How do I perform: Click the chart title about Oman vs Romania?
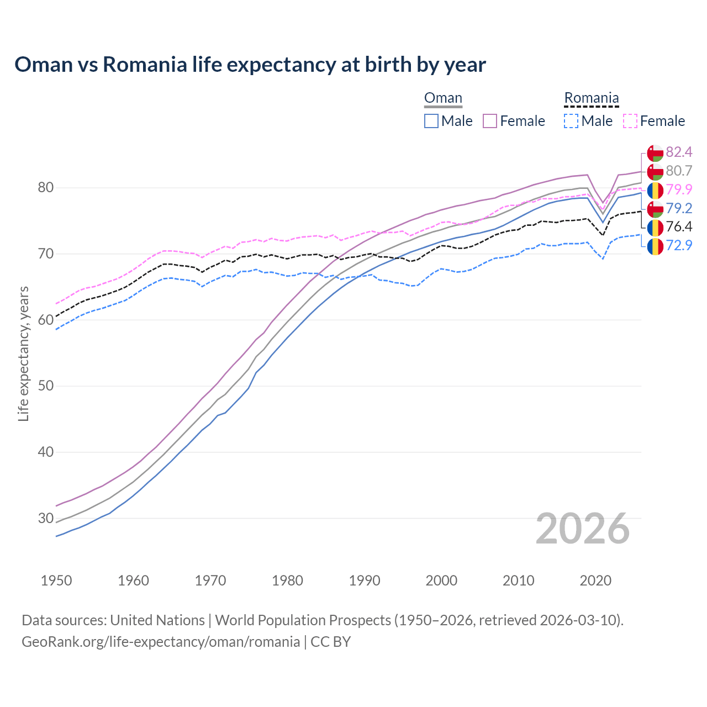(x=250, y=65)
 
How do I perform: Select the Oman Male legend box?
(x=431, y=121)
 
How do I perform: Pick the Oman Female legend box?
(x=490, y=121)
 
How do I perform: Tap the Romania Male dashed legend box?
(x=571, y=121)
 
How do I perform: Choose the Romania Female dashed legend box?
(x=630, y=121)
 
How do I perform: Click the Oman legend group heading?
(x=443, y=98)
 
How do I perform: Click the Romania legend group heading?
(x=591, y=98)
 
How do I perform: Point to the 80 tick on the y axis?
(x=45, y=188)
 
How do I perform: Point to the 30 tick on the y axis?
(x=45, y=518)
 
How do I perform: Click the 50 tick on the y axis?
(x=45, y=386)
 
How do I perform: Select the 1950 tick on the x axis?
(x=56, y=581)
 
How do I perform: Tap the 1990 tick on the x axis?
(x=365, y=581)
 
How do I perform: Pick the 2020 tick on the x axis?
(x=595, y=581)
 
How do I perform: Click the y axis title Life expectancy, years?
(x=23, y=353)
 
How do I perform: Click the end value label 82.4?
(x=679, y=152)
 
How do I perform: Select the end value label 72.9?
(x=679, y=245)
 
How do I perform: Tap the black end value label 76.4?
(x=679, y=226)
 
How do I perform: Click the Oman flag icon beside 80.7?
(x=655, y=171)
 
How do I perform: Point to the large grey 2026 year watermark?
(x=583, y=529)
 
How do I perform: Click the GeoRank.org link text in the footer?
(x=160, y=642)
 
